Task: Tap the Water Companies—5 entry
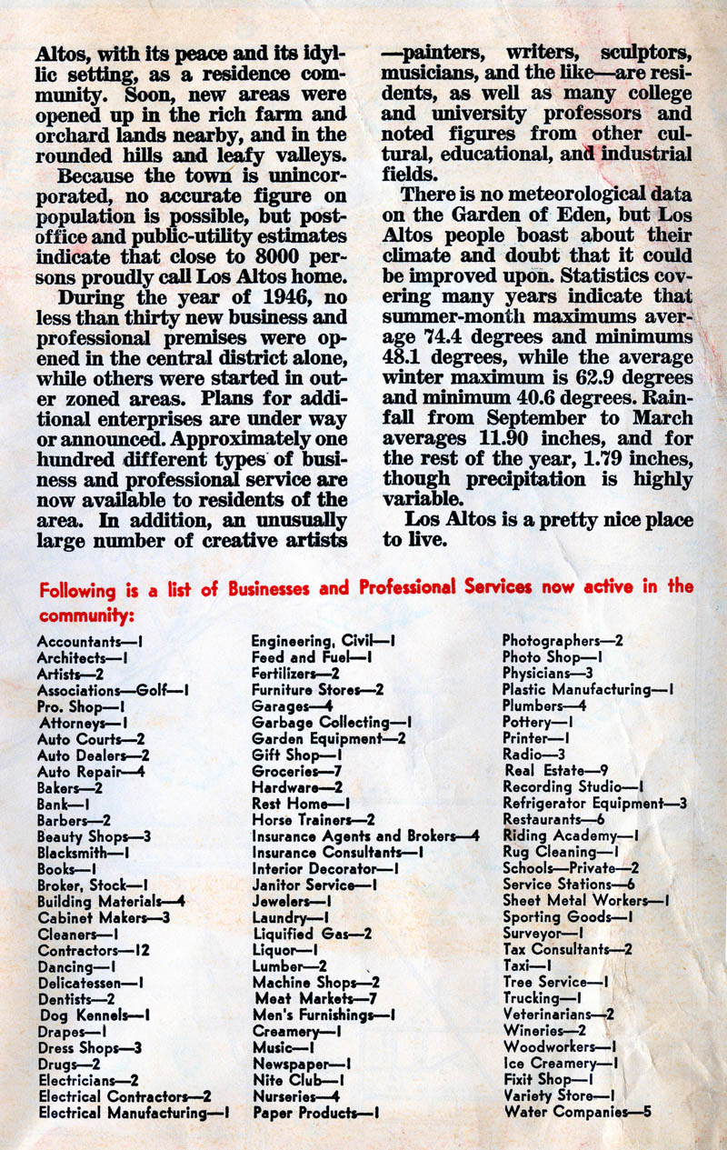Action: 577,1111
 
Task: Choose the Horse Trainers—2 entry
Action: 313,820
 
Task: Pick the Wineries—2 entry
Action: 543,1031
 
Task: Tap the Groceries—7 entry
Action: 296,771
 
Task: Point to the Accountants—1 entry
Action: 94,641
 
